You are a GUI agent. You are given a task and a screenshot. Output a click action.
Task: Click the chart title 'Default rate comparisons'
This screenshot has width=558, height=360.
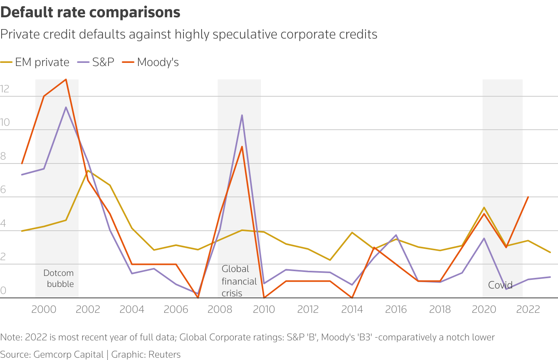coord(90,13)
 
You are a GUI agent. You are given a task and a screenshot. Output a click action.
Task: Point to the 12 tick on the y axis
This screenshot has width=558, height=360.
coord(5,89)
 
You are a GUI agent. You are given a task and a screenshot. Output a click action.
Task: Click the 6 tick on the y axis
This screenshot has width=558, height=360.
coord(4,190)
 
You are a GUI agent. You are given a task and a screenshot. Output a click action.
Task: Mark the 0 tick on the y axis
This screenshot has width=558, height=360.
coord(4,291)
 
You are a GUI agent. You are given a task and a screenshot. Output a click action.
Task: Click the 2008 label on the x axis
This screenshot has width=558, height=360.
coord(220,309)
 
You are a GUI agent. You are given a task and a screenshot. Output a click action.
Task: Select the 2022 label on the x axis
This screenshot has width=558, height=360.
coord(528,309)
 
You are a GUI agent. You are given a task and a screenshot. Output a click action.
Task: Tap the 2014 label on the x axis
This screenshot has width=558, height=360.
coord(352,309)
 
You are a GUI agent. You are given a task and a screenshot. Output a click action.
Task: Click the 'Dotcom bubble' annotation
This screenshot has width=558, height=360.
coord(59,278)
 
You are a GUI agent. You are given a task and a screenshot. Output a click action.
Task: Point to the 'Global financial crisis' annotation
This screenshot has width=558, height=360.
coord(239,281)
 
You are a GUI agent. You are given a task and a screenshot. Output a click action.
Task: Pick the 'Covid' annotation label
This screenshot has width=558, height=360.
coord(500,285)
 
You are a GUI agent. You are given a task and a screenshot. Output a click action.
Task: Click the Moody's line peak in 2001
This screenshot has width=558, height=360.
coord(66,79)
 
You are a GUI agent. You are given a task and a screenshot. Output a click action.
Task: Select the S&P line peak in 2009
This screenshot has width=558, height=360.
coord(242,115)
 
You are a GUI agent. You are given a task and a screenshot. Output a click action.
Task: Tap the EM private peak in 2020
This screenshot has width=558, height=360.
coord(484,207)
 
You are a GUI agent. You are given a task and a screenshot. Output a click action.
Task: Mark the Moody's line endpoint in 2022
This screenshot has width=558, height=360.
coord(528,197)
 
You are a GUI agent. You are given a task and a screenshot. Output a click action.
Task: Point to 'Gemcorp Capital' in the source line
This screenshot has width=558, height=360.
coord(68,354)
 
